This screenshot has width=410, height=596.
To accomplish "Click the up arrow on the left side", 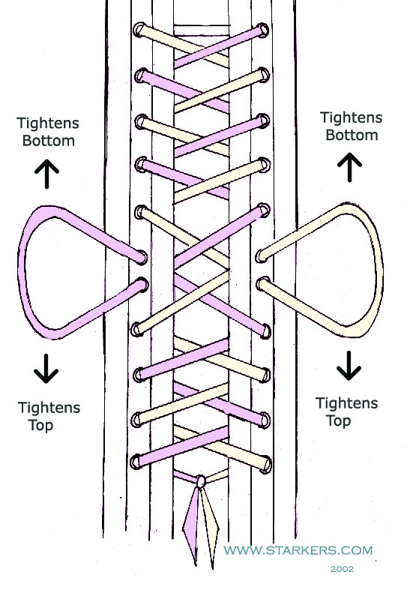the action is pyautogui.click(x=46, y=174).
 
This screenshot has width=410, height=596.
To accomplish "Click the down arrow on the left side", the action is pyautogui.click(x=46, y=368).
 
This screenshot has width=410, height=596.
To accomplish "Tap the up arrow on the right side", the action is pyautogui.click(x=349, y=167).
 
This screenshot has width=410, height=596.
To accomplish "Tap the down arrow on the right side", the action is pyautogui.click(x=349, y=366).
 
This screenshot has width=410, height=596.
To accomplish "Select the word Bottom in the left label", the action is pyautogui.click(x=48, y=141).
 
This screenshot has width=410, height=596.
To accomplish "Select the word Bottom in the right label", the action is pyautogui.click(x=352, y=135).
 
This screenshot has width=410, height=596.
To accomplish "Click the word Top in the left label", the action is pyautogui.click(x=41, y=425).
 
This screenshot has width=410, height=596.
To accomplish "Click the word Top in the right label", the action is pyautogui.click(x=339, y=421).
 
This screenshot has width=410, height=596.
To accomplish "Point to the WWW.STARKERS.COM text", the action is pyautogui.click(x=298, y=550).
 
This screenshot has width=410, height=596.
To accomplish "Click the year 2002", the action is pyautogui.click(x=342, y=569).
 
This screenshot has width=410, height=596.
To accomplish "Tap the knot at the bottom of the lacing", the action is pyautogui.click(x=201, y=481).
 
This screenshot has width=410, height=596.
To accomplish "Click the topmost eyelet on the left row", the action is pyautogui.click(x=139, y=30).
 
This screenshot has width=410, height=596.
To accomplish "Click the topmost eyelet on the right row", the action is pyautogui.click(x=262, y=30).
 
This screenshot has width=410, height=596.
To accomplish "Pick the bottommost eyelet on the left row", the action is pyautogui.click(x=136, y=462).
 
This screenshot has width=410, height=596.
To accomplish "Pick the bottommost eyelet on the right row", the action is pyautogui.click(x=265, y=465).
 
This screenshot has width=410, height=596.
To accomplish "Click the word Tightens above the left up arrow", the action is pyautogui.click(x=48, y=123).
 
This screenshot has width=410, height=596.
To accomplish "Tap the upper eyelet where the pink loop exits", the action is pyautogui.click(x=142, y=257).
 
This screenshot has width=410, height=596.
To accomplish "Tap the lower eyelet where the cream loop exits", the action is pyautogui.click(x=262, y=284).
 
